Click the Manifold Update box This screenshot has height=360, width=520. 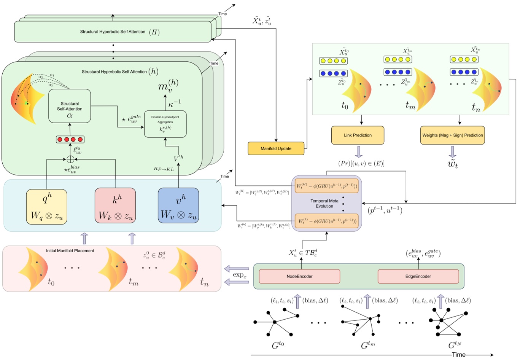pyautogui.click(x=276, y=148)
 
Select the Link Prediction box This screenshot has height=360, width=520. pyautogui.click(x=358, y=135)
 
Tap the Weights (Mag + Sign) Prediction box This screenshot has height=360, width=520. pyautogui.click(x=452, y=135)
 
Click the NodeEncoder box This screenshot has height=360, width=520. pyautogui.click(x=299, y=276)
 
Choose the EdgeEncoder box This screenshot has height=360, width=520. pyautogui.click(x=418, y=276)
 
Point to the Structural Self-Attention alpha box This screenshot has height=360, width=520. pyautogui.click(x=70, y=106)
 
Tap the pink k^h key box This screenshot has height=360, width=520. pyautogui.click(x=115, y=205)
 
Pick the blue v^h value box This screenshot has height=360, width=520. pyautogui.click(x=178, y=205)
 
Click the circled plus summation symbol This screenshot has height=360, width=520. pyautogui.click(x=70, y=159)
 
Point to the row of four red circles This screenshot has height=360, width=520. pyautogui.click(x=70, y=139)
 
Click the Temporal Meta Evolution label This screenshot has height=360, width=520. pyautogui.click(x=324, y=204)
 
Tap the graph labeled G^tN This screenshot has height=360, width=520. pyautogui.click(x=447, y=323)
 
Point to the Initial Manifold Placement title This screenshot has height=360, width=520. pyautogui.click(x=70, y=251)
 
